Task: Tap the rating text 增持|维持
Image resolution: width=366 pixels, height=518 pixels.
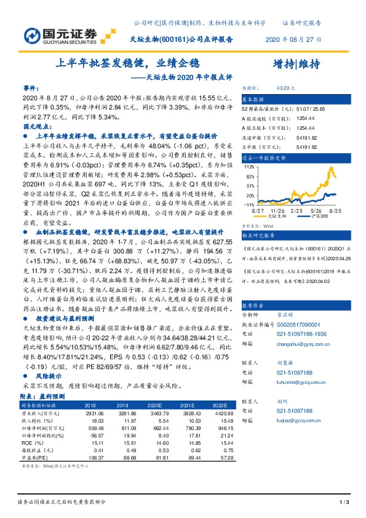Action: pyautogui.click(x=295, y=63)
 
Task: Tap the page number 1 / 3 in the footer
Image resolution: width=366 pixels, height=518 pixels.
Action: pyautogui.click(x=344, y=503)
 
